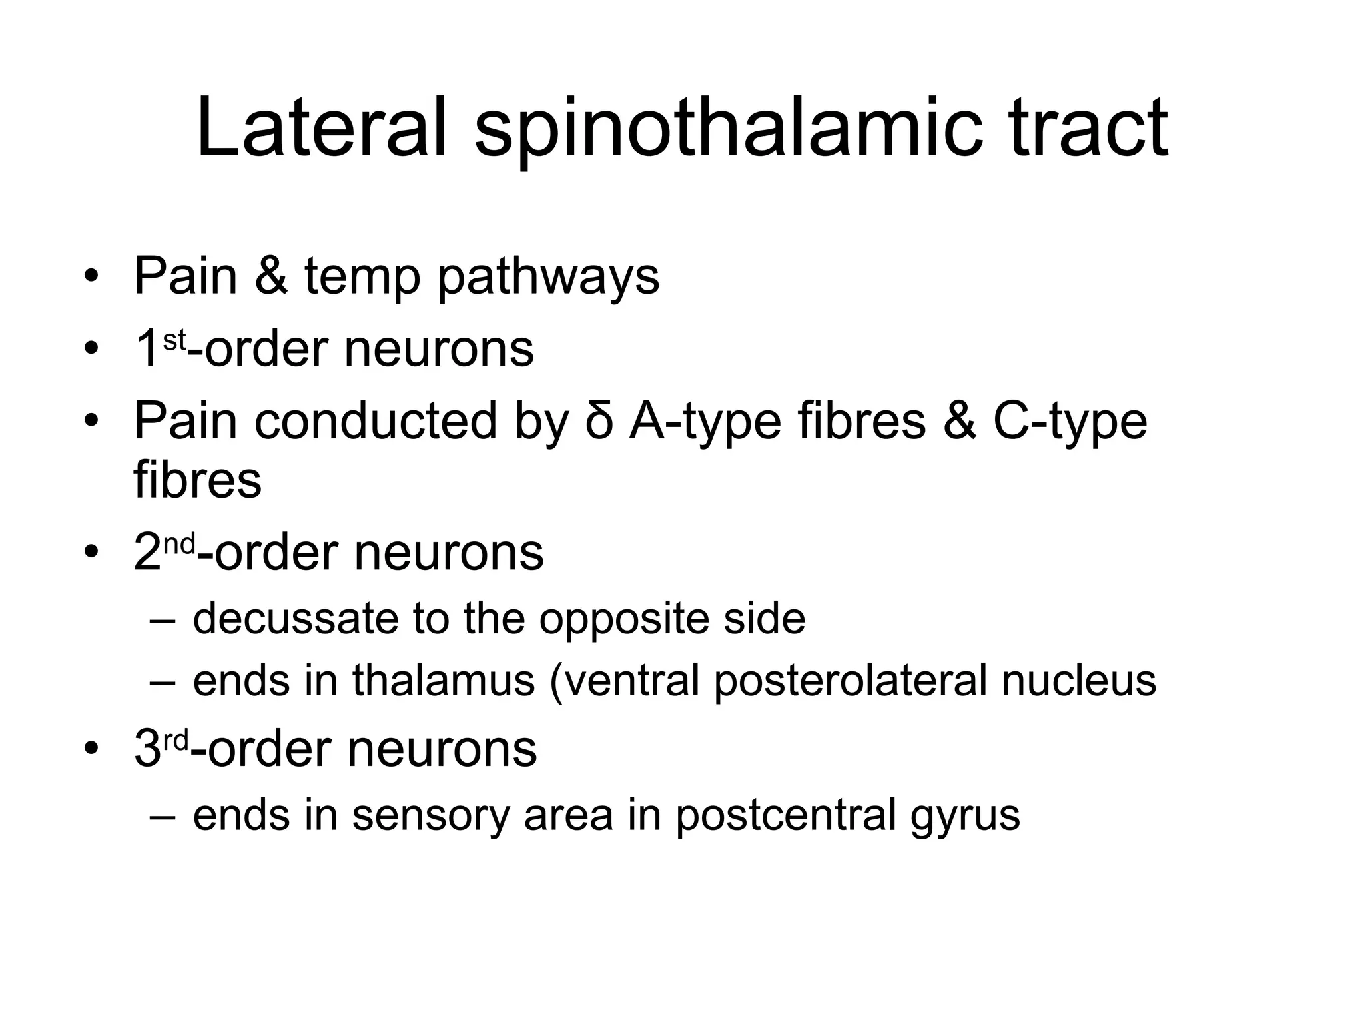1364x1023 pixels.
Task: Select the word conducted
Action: pos(376,421)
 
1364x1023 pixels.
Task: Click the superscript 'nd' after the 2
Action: pos(179,544)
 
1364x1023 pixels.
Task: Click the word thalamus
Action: pos(444,680)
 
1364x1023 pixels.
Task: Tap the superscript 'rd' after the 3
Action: pos(176,740)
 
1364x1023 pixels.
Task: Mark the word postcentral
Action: pos(786,814)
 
